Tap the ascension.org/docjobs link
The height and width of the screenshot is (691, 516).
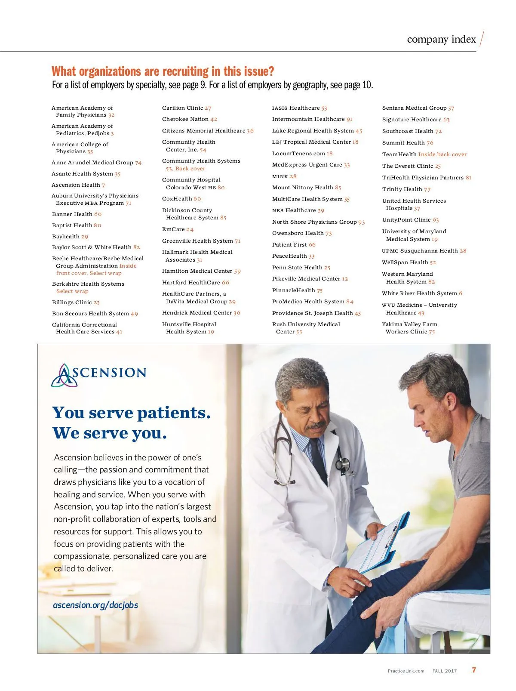[95, 605]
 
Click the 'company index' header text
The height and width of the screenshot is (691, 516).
[441, 40]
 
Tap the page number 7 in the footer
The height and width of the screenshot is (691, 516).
[474, 670]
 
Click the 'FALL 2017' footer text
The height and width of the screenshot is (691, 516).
[445, 671]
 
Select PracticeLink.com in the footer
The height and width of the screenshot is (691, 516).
[406, 671]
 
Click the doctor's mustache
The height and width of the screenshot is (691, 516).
[316, 426]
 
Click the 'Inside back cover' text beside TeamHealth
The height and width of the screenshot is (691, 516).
[442, 154]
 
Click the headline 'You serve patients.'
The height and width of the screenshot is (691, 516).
[131, 413]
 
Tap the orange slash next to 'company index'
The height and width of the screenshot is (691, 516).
[482, 39]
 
